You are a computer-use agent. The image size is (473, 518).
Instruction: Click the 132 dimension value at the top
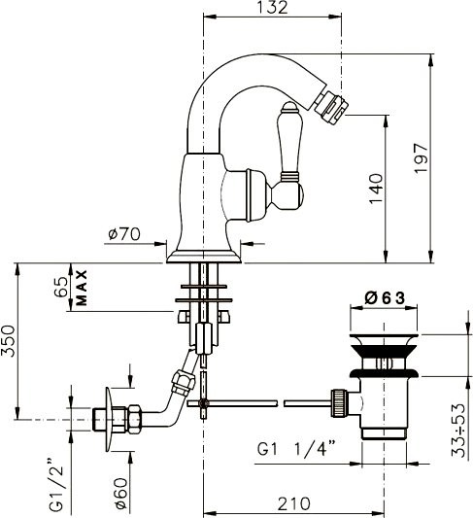pyautogui.click(x=272, y=7)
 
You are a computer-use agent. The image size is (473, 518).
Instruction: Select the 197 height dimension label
pyautogui.click(x=422, y=158)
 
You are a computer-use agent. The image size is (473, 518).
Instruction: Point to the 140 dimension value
pyautogui.click(x=376, y=189)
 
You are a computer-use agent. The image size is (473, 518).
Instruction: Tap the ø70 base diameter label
pyautogui.click(x=124, y=234)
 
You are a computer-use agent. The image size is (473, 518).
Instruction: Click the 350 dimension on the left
pyautogui.click(x=8, y=341)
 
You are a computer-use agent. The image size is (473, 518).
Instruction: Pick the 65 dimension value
pyautogui.click(x=61, y=287)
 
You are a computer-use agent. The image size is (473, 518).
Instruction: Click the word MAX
pyautogui.click(x=82, y=288)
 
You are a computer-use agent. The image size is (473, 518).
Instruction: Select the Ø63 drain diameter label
pyautogui.click(x=385, y=298)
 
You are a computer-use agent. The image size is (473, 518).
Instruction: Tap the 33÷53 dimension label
pyautogui.click(x=458, y=430)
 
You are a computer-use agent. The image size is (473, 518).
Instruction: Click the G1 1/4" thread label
pyautogui.click(x=296, y=450)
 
